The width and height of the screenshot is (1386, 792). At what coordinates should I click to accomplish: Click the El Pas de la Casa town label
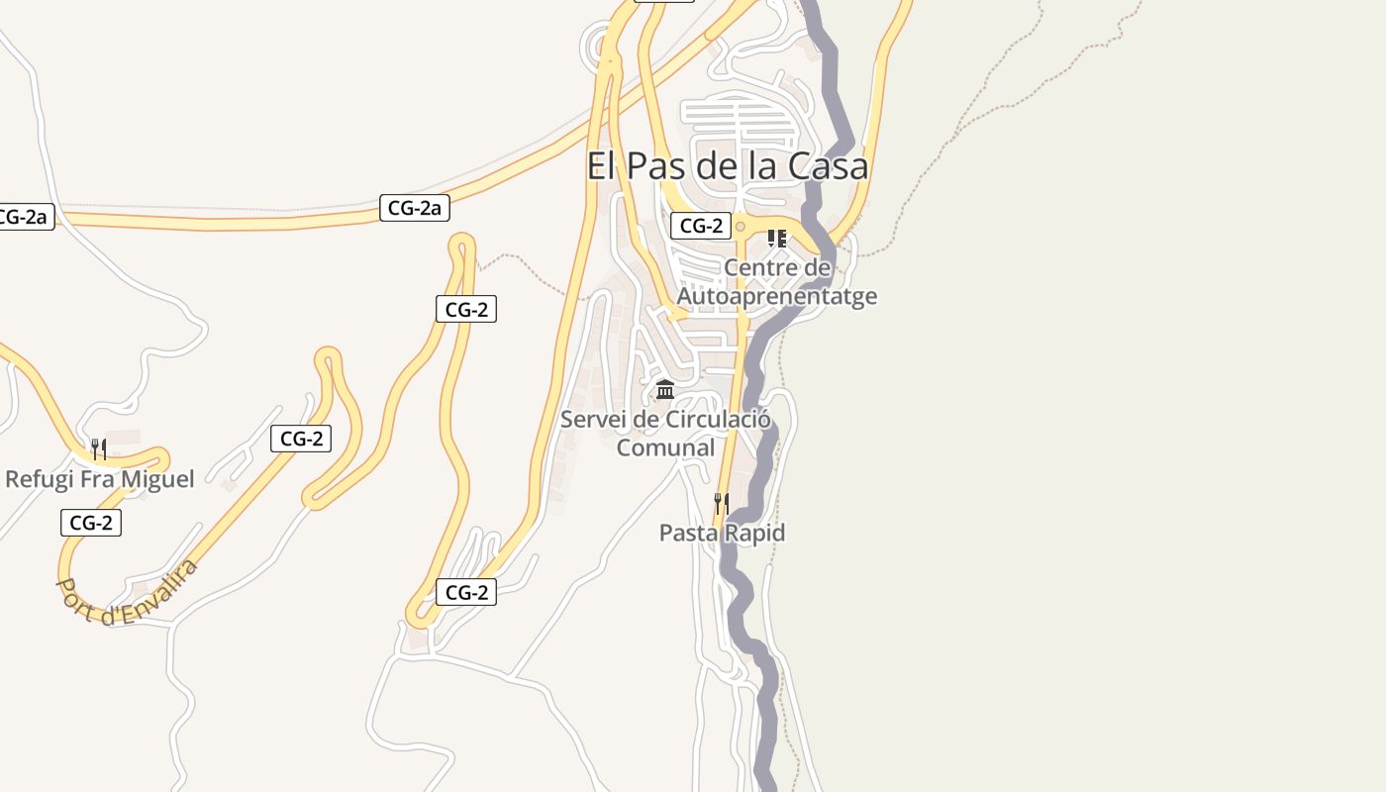[728, 165]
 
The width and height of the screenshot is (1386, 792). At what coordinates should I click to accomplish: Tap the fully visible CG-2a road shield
[415, 208]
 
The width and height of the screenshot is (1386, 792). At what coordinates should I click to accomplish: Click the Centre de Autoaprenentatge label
[777, 282]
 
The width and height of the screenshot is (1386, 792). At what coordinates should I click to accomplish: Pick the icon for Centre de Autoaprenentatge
[777, 239]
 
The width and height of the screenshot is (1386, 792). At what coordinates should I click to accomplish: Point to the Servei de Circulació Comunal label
[665, 434]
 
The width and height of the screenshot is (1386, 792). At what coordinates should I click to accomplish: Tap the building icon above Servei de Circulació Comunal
[665, 389]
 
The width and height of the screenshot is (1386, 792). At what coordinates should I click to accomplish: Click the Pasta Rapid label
[722, 533]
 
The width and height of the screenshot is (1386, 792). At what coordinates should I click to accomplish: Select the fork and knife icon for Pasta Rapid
[722, 504]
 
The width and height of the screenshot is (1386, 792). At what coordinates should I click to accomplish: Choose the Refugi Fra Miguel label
[99, 479]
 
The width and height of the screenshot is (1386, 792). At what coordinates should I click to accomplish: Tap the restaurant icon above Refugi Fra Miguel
[98, 449]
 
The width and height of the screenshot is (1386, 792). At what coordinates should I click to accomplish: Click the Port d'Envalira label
[127, 592]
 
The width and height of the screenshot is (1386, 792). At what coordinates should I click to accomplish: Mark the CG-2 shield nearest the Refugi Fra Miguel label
[91, 523]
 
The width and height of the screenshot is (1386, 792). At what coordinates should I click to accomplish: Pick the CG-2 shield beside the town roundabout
[701, 226]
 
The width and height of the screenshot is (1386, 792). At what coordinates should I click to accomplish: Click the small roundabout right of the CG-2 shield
[740, 227]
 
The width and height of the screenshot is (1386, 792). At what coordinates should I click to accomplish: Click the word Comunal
[665, 447]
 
